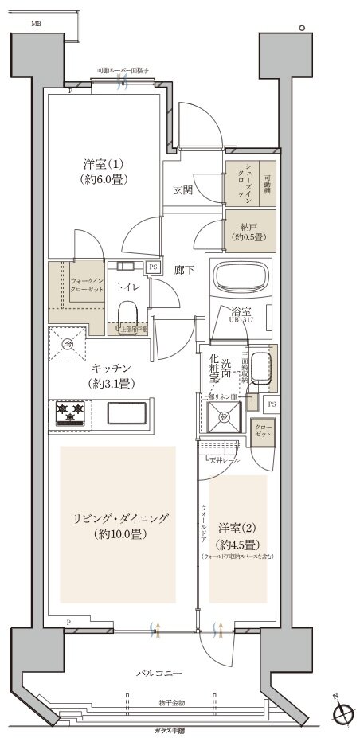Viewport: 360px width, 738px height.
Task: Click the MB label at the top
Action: (x=37, y=25)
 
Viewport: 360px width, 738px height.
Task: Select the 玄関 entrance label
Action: (x=182, y=189)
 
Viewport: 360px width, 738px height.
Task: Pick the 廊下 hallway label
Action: (x=185, y=269)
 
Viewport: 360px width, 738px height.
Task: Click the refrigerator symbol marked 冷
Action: (x=68, y=345)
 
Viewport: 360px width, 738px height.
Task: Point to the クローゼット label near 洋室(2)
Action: (x=264, y=431)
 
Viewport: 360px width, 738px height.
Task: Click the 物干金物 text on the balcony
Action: (x=170, y=703)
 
